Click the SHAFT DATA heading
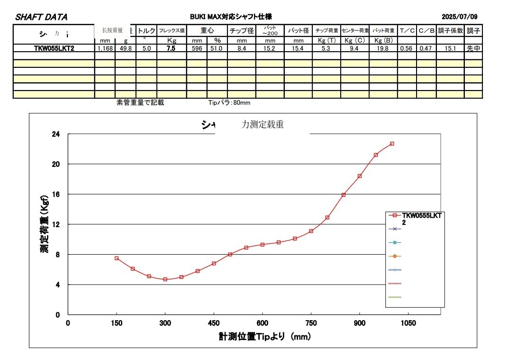[42, 17]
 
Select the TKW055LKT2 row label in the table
[54, 48]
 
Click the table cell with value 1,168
[105, 48]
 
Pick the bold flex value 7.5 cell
[172, 48]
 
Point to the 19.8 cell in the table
[383, 48]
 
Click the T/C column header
[407, 31]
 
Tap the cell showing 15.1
[450, 48]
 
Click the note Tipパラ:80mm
[229, 102]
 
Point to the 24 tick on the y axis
[56, 134]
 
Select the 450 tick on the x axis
[214, 323]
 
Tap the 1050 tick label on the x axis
[408, 323]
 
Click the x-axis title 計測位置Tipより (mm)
[264, 337]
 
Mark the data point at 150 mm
[117, 258]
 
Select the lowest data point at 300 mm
[165, 279]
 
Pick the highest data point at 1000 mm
[392, 144]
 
